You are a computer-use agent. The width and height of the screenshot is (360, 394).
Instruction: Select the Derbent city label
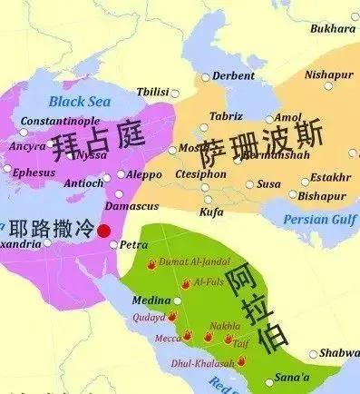(234, 76)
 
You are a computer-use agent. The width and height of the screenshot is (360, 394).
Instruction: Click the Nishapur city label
(327, 74)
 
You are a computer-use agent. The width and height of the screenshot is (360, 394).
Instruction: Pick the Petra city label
(133, 245)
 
